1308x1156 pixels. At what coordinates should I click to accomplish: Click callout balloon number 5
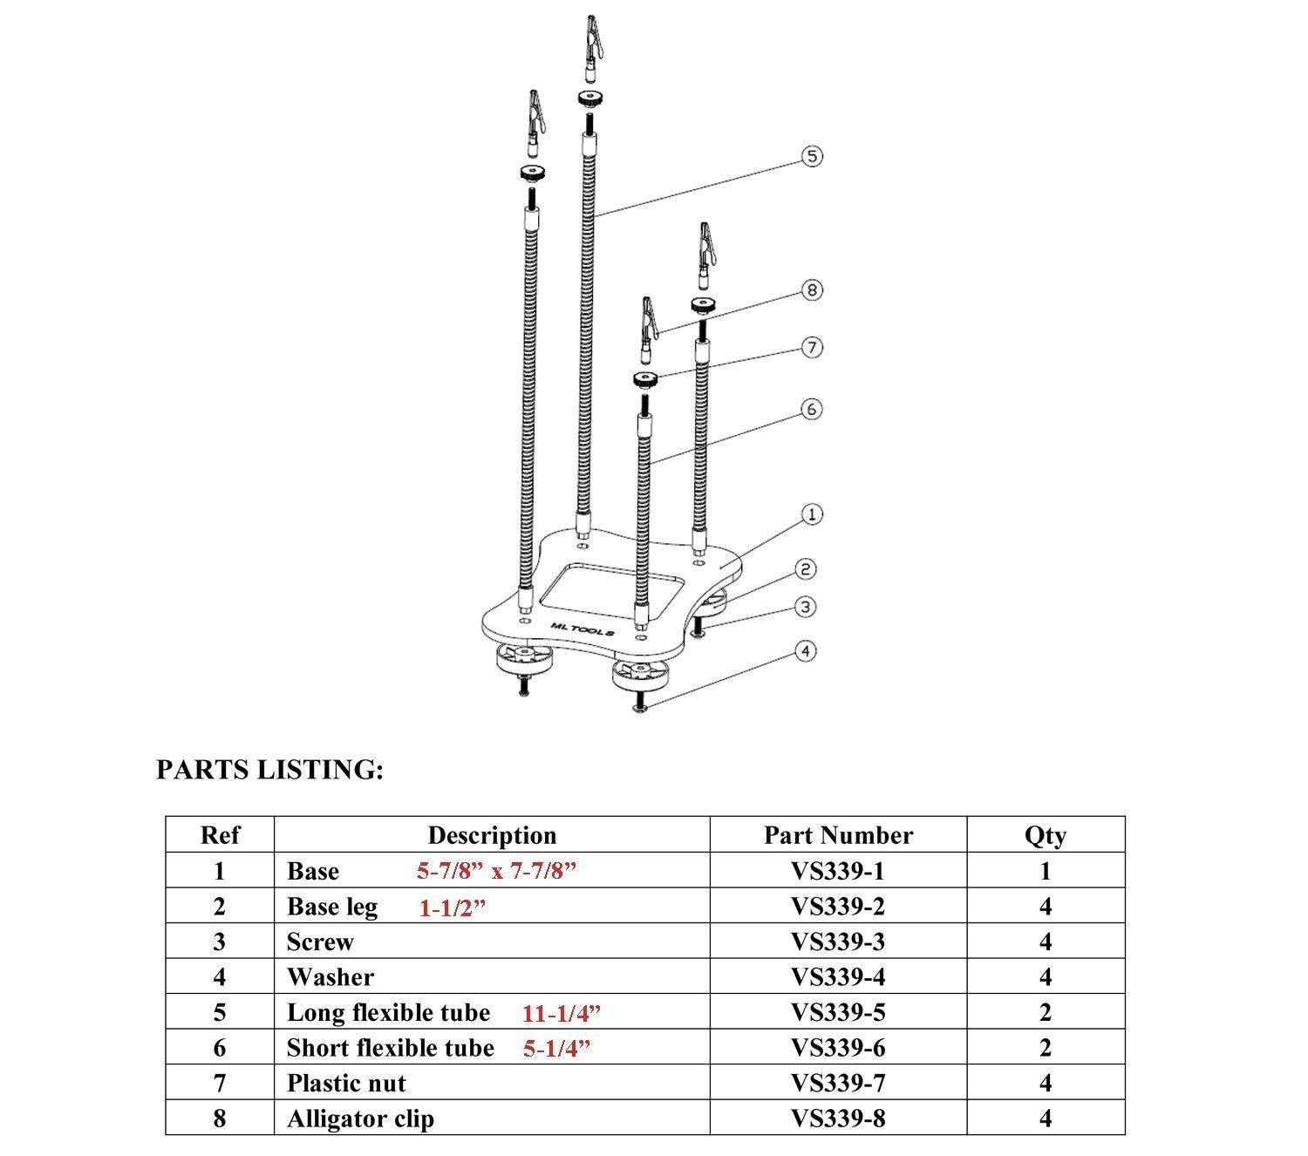point(812,157)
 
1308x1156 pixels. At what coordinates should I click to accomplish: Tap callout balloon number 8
point(812,289)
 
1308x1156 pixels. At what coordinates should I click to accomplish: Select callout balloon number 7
point(812,348)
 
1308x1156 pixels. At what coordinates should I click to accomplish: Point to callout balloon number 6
point(812,409)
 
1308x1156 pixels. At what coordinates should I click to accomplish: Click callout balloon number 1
point(812,514)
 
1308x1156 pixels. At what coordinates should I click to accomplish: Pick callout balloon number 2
point(807,570)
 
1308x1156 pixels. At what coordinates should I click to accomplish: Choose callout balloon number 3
point(807,607)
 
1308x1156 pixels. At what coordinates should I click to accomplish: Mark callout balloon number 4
point(807,651)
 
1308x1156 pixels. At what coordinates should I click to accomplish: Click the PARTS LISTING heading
point(269,770)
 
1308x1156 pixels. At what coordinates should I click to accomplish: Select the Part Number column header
point(838,835)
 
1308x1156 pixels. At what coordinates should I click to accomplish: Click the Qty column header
point(1045,835)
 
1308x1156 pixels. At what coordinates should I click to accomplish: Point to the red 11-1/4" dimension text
point(562,1013)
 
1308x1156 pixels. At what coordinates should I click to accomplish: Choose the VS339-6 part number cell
point(838,1048)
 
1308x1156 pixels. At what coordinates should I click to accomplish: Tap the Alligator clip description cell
point(360,1119)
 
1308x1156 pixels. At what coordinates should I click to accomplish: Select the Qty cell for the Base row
point(1045,871)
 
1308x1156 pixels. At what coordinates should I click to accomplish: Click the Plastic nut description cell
point(346,1084)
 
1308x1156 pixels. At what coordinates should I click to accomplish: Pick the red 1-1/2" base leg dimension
point(453,908)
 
